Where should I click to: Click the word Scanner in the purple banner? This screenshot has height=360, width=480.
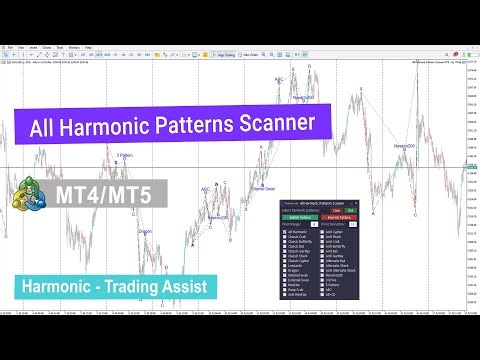(x=273, y=126)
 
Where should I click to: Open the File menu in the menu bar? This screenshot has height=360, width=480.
(x=7, y=46)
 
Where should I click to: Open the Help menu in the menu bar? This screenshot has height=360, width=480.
(x=88, y=46)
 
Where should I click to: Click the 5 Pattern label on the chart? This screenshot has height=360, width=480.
(x=124, y=155)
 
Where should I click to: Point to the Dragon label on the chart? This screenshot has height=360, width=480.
(x=145, y=231)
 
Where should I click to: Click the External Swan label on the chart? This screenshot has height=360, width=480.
(x=263, y=187)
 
